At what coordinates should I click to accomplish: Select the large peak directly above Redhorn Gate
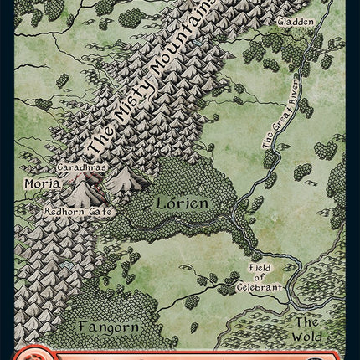click(84, 194)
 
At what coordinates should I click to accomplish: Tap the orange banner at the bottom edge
click(180, 353)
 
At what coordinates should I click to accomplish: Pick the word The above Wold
click(306, 321)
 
